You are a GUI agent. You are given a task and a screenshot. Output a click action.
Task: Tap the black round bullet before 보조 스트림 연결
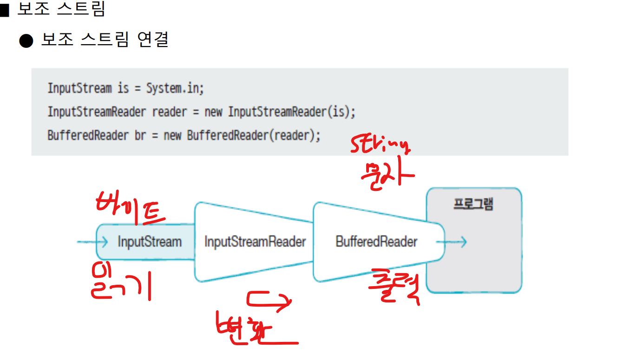(26, 41)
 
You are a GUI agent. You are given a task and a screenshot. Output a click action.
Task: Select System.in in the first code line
(175, 88)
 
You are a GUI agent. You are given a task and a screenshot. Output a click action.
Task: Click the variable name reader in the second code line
(169, 112)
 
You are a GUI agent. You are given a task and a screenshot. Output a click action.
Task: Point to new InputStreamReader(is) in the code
(280, 112)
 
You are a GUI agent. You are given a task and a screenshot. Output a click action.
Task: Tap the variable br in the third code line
(140, 136)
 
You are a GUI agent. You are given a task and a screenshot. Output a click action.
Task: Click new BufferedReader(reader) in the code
(254, 136)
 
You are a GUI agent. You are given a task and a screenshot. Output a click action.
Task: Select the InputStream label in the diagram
(149, 242)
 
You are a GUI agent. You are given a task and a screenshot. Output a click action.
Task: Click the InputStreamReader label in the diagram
(255, 242)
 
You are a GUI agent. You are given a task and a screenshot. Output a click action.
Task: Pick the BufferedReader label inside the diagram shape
(376, 242)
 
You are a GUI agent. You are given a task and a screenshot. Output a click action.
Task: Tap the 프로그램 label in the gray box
(473, 204)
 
